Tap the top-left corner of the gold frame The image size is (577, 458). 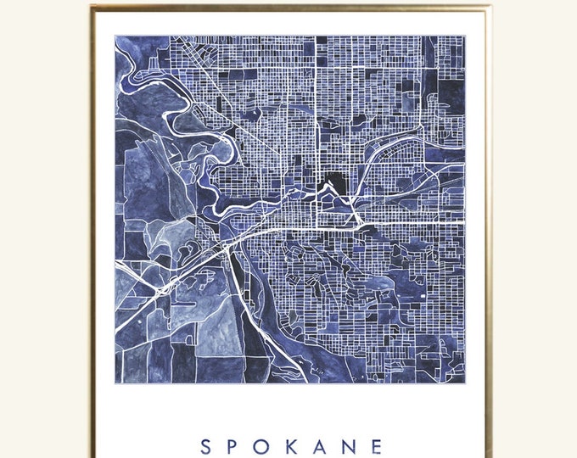pyautogui.click(x=92, y=7)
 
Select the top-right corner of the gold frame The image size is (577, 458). pyautogui.click(x=490, y=7)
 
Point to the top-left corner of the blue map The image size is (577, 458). pyautogui.click(x=115, y=36)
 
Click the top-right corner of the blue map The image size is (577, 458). pyautogui.click(x=466, y=36)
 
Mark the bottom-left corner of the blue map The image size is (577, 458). pyautogui.click(x=115, y=383)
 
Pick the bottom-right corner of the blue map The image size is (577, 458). pyautogui.click(x=466, y=383)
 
